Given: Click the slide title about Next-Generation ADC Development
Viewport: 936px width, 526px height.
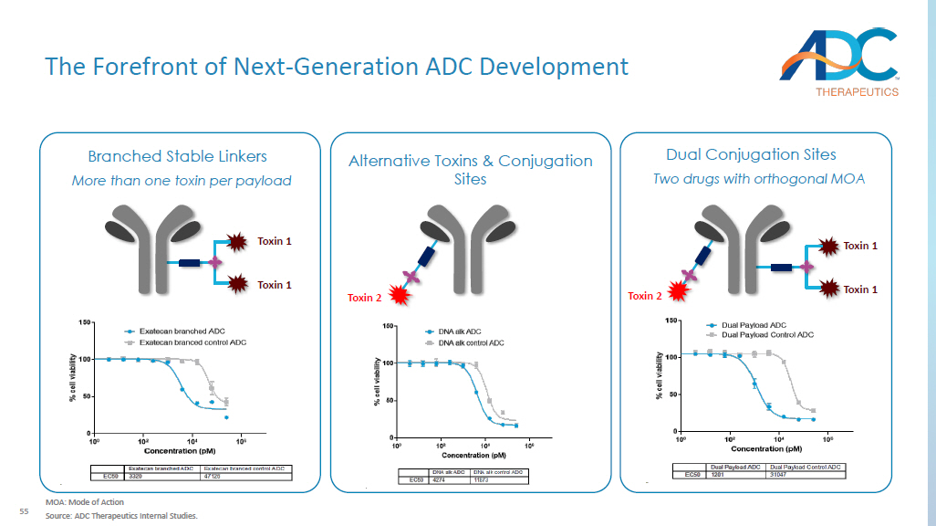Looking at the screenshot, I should click(x=337, y=67).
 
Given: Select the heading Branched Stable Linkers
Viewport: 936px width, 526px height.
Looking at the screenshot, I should click(x=177, y=156).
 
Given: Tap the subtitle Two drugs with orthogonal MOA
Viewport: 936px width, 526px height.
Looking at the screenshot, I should click(x=758, y=178).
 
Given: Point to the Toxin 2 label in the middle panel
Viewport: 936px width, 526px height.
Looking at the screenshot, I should click(x=362, y=298).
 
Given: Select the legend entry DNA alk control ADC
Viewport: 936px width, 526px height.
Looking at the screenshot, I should click(x=471, y=342).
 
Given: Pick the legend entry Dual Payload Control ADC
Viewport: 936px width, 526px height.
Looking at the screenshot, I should click(x=767, y=334).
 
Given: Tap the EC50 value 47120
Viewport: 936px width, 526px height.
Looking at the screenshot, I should click(x=214, y=476).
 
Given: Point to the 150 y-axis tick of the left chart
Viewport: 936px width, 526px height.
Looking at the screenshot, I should click(x=85, y=322).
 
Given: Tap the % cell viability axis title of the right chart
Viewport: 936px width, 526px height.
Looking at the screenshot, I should click(x=658, y=375).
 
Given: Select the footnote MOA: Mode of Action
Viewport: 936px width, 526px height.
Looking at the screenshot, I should click(x=85, y=502).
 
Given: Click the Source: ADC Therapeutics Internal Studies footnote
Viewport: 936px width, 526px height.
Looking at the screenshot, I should click(x=121, y=515).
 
